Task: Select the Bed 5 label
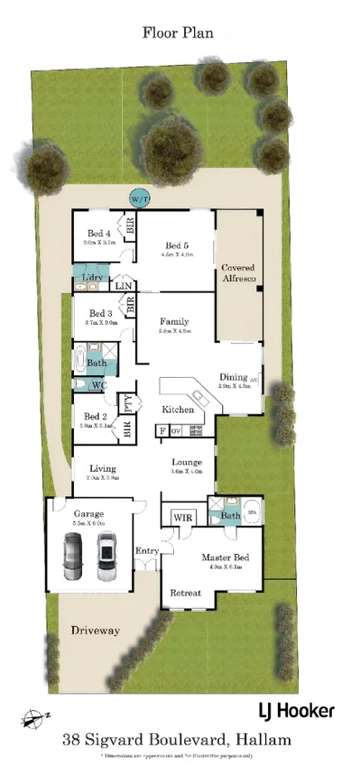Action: (176, 245)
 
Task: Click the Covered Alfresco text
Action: (238, 273)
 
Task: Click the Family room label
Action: (174, 321)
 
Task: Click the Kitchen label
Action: (178, 410)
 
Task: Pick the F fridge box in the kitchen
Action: (162, 431)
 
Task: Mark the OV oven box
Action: (175, 431)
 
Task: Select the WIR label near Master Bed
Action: (181, 517)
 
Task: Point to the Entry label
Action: (146, 550)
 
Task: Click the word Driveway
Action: (95, 631)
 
